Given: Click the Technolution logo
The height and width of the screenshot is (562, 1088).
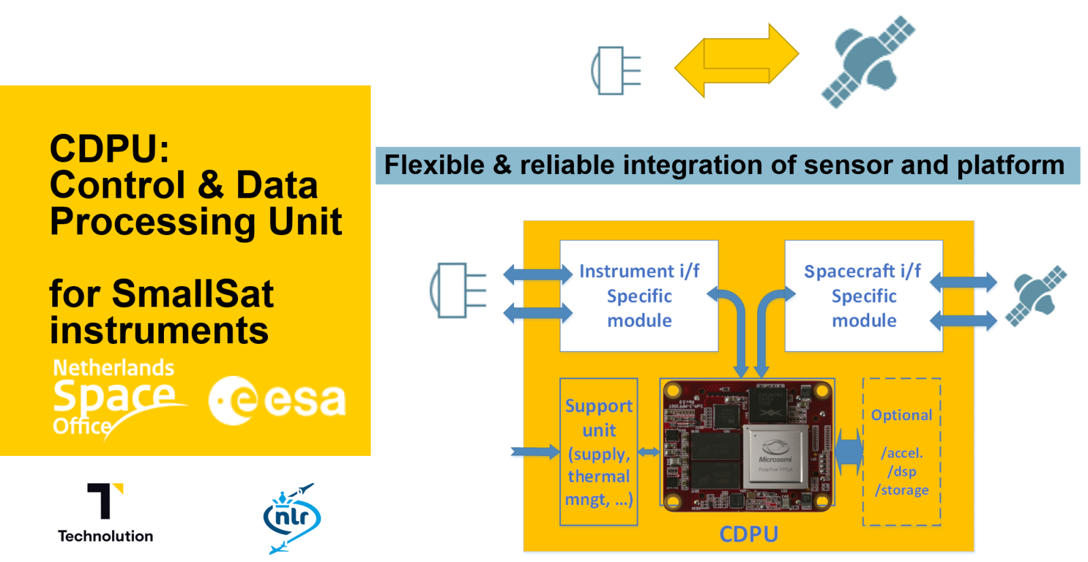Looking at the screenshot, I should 105,510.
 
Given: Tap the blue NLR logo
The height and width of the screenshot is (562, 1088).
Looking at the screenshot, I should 292,519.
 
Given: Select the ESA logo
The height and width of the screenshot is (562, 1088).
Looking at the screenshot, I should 277,400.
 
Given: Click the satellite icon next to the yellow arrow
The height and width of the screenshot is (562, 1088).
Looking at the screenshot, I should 868,61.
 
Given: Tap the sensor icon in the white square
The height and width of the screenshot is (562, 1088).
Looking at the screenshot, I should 613,71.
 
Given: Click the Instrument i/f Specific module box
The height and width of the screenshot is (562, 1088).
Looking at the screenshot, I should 639,296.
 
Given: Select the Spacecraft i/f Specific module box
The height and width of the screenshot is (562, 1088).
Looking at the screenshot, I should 863,296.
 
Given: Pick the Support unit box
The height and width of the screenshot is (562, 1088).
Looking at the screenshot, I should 598,452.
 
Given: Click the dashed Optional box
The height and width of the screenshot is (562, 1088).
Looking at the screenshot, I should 902,452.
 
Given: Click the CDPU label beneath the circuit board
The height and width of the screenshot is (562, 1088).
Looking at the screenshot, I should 748,534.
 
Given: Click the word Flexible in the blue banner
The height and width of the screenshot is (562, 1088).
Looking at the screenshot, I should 434,165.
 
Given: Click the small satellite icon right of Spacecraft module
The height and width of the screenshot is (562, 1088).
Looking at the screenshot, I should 1036,296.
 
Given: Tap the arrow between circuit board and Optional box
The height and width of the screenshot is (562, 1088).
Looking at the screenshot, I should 849,452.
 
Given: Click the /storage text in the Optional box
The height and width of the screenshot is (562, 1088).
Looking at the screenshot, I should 902,490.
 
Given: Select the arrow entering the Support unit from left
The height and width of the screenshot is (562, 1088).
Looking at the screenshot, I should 534,452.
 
